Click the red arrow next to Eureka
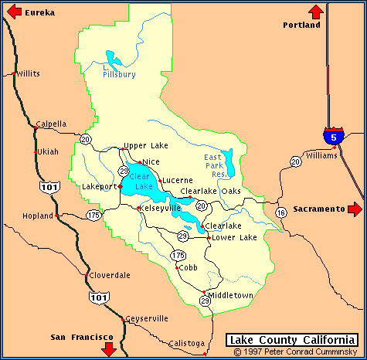12,12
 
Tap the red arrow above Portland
315,11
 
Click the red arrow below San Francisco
108,348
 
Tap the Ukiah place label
48,151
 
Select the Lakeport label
99,186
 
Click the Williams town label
321,155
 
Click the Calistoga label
186,343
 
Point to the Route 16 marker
280,212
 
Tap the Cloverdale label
110,275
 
